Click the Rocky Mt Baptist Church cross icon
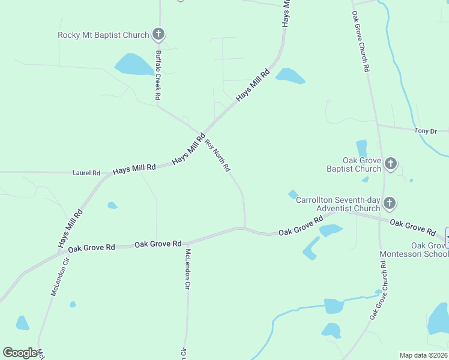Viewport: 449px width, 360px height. coord(158,34)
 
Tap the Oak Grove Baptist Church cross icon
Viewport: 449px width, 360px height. coord(390,164)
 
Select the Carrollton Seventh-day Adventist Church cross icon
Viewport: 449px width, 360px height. coord(390,203)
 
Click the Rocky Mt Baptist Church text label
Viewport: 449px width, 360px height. coord(103,35)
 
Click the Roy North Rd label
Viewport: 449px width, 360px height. coord(218,156)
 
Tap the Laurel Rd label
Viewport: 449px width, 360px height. coord(86,173)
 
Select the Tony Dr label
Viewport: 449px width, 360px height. coord(424,130)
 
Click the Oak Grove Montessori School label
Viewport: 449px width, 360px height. coord(414,250)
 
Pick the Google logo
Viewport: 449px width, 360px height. coord(20,352)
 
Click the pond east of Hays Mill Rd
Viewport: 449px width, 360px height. coord(290,76)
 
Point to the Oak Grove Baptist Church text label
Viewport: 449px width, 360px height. coord(354,164)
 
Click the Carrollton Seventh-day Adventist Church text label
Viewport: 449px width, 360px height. coord(339,204)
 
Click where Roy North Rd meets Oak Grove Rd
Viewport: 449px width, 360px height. coord(244,227)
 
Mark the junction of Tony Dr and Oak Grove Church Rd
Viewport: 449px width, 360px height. coord(377,125)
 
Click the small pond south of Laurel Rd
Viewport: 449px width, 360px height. coord(112,206)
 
